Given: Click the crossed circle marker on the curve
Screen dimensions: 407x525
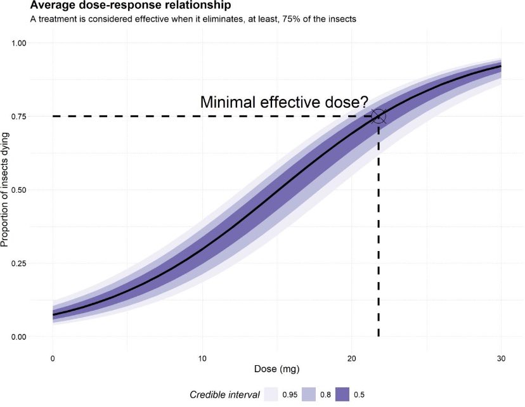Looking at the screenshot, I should point(379,116).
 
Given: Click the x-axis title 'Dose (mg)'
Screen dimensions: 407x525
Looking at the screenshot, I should point(276,368).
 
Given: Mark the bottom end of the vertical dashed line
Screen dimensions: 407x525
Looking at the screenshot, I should point(379,336).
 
